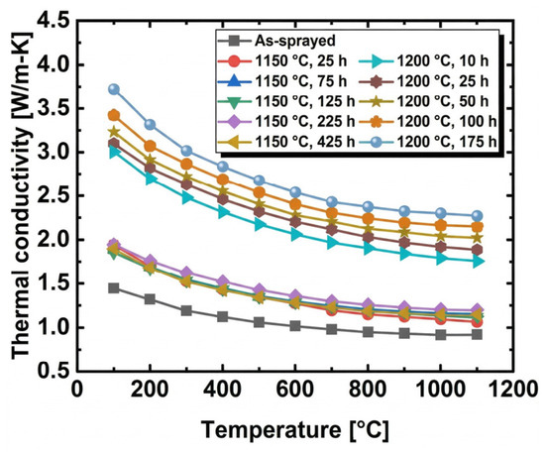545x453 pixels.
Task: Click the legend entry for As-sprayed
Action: point(276,41)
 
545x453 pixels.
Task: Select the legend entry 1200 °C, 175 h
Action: point(428,142)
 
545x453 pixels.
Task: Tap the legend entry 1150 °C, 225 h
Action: point(286,122)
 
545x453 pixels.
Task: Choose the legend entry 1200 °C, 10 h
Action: point(424,61)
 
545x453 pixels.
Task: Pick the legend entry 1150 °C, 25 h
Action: point(282,61)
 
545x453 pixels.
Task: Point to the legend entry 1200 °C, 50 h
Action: point(424,101)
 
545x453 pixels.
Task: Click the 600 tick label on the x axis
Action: point(294,389)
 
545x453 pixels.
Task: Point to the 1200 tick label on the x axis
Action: point(512,389)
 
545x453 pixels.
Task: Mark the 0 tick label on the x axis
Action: point(77,389)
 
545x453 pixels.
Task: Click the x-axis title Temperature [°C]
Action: point(294,430)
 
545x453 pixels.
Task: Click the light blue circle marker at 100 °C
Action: point(114,89)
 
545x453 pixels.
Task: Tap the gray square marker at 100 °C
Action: point(114,288)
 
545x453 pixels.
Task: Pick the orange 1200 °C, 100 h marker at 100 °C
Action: point(114,115)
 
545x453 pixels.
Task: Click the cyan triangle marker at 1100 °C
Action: point(478,262)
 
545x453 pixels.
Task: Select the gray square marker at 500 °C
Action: point(259,322)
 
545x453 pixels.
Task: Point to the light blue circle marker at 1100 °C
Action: point(478,216)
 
